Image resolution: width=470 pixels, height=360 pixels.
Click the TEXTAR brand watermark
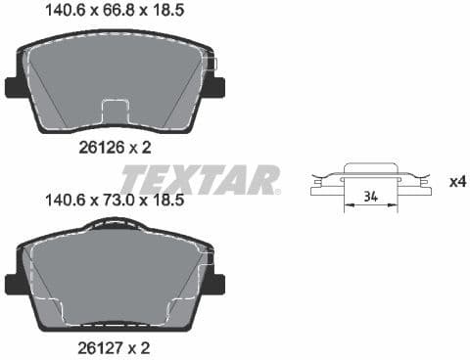click(x=201, y=180)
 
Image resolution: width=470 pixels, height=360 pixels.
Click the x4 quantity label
click(x=456, y=182)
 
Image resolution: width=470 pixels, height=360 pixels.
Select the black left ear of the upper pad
click(x=17, y=87)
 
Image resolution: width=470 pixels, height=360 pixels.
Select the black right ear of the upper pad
click(x=214, y=87)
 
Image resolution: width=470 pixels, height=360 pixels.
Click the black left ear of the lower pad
click(x=17, y=284)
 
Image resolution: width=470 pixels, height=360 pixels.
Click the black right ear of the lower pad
click(x=214, y=284)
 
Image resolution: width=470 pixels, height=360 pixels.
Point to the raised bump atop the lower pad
click(x=116, y=224)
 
